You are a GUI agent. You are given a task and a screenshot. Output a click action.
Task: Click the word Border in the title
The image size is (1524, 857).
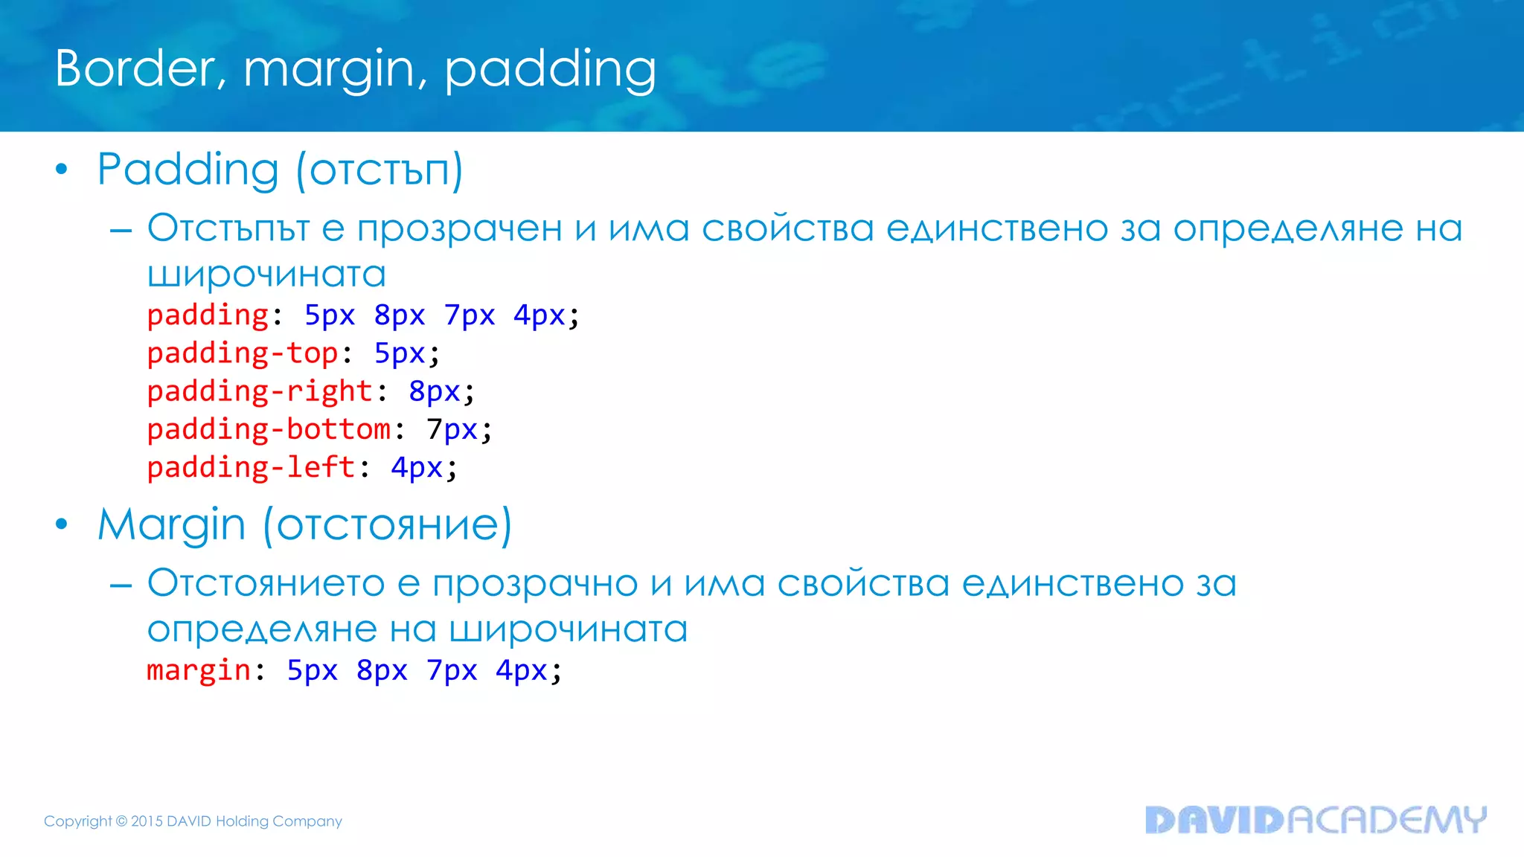click(135, 68)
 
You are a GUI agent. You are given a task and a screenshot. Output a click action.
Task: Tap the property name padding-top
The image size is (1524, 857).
click(243, 353)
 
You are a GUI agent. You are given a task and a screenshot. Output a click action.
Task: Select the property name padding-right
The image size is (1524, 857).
click(260, 391)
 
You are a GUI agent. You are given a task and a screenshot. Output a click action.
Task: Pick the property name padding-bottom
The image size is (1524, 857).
click(269, 429)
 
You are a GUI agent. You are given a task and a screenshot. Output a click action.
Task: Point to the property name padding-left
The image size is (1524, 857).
click(251, 467)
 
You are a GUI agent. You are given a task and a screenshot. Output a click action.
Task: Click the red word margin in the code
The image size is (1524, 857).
click(199, 670)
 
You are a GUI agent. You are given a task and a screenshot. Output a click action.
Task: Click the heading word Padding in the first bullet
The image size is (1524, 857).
click(188, 170)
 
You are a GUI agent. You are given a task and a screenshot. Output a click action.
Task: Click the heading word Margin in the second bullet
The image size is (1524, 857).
click(171, 525)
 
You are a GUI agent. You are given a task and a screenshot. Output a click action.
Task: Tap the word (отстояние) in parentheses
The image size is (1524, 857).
click(387, 525)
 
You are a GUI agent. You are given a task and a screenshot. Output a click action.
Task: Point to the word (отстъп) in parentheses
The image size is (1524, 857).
click(380, 170)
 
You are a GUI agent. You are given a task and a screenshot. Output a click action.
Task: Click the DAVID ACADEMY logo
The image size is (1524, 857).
click(1315, 820)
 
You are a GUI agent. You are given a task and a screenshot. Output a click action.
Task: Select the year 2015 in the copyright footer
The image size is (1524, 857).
click(147, 821)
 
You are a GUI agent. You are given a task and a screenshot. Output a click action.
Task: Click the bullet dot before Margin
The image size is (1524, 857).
click(62, 524)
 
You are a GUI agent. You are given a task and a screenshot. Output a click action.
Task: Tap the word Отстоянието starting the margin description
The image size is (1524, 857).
click(266, 582)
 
